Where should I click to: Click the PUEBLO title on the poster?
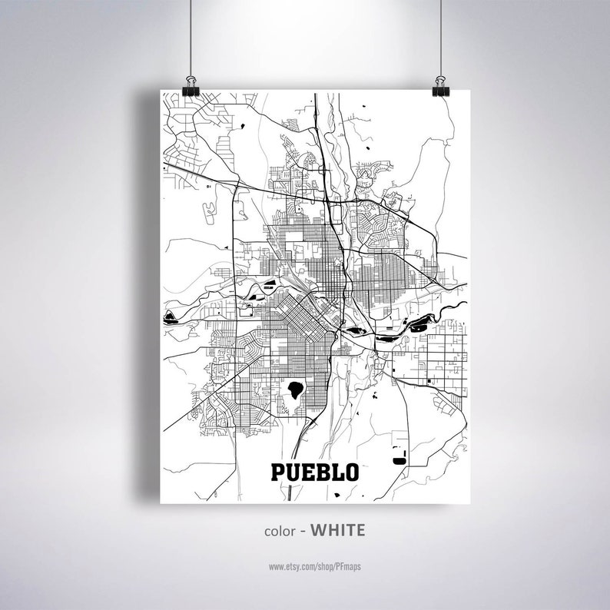[314, 471]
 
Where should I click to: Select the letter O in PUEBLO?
[352, 471]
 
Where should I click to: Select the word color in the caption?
[280, 531]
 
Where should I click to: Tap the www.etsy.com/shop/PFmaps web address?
[315, 566]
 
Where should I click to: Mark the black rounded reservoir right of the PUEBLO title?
[398, 459]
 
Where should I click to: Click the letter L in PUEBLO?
[336, 471]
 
